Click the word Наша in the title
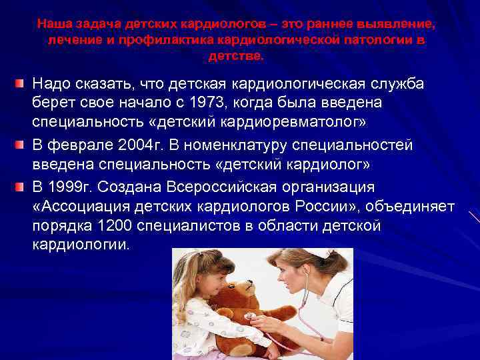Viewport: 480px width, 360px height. (51, 24)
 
